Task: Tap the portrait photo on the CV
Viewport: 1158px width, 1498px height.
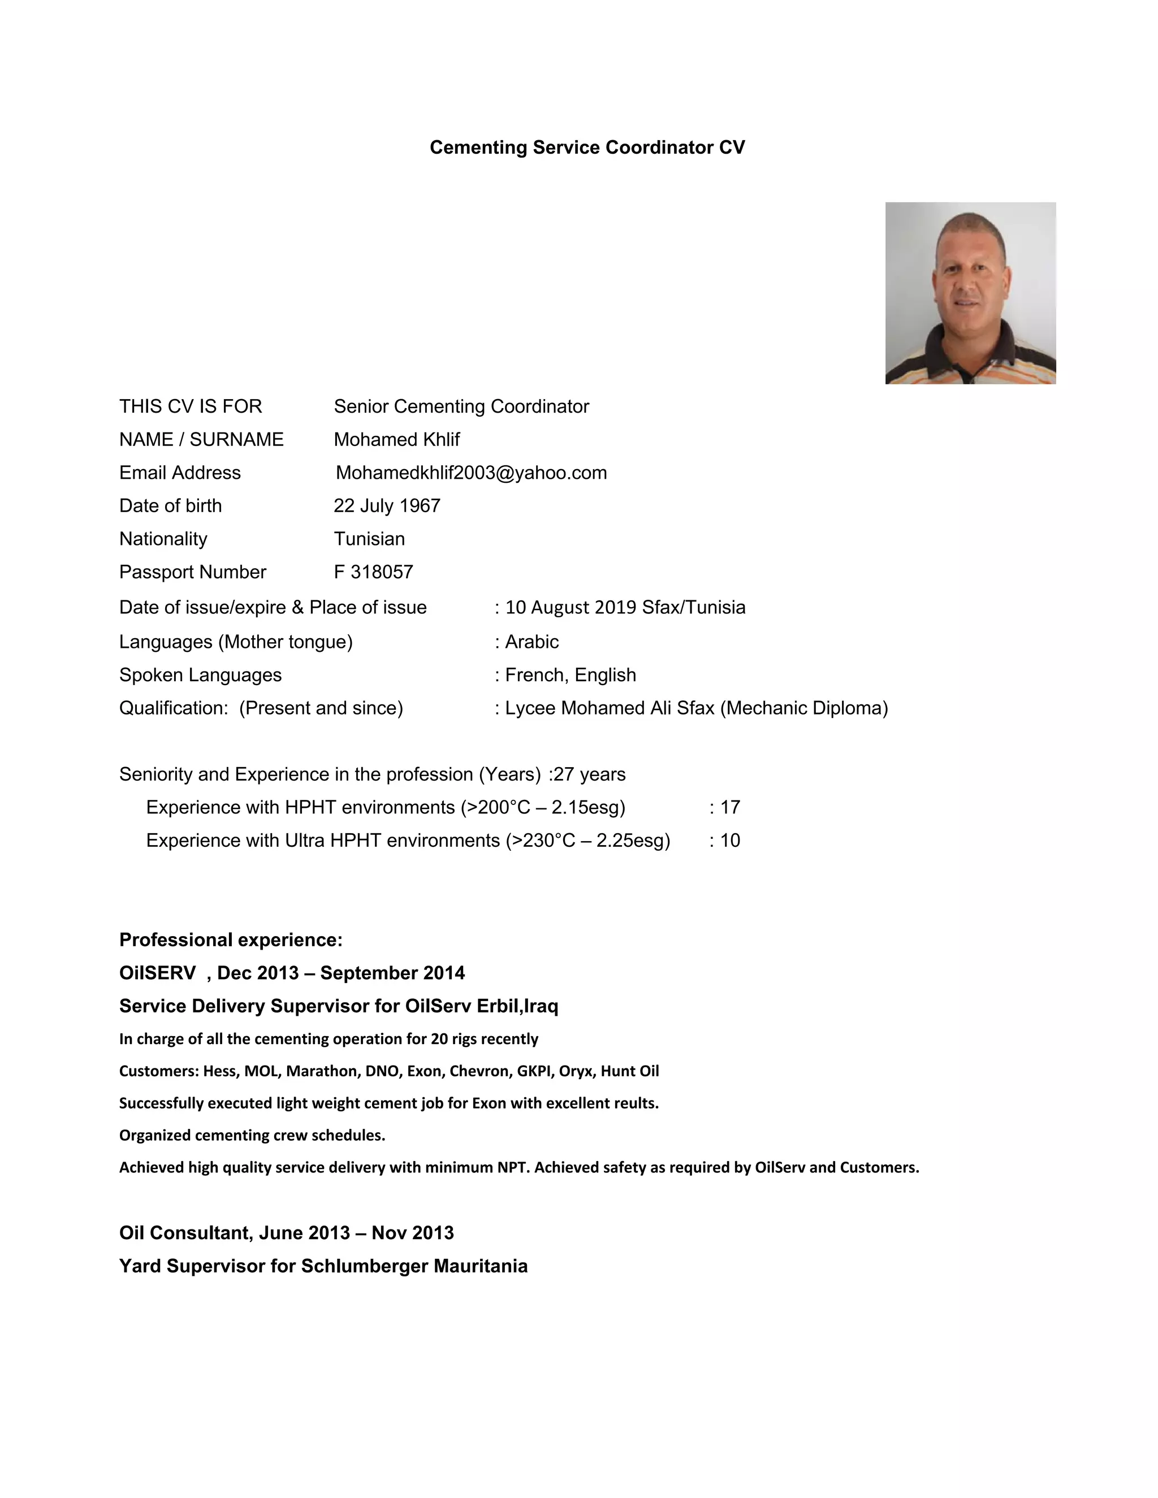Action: pos(970,293)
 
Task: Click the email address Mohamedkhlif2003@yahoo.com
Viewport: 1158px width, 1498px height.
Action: pos(472,473)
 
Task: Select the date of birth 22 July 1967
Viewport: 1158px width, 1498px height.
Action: pos(387,505)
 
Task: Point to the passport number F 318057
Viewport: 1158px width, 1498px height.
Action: pos(373,572)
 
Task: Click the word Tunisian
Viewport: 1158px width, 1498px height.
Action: pos(369,538)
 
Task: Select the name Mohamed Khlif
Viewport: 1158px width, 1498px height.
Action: pos(396,440)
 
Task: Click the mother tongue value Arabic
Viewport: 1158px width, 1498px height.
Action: pos(532,642)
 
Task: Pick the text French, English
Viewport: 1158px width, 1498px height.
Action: pos(571,675)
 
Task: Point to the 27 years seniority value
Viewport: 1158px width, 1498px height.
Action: pos(589,774)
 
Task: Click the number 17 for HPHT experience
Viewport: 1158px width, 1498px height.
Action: pos(730,807)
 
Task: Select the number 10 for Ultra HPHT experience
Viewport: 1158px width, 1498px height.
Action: pos(730,840)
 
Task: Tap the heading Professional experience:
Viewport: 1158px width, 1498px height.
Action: pos(231,940)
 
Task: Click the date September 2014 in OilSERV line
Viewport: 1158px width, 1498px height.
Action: pos(392,973)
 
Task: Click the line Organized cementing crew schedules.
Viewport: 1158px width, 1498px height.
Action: pos(252,1135)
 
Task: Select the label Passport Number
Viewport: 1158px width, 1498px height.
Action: pos(193,572)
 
